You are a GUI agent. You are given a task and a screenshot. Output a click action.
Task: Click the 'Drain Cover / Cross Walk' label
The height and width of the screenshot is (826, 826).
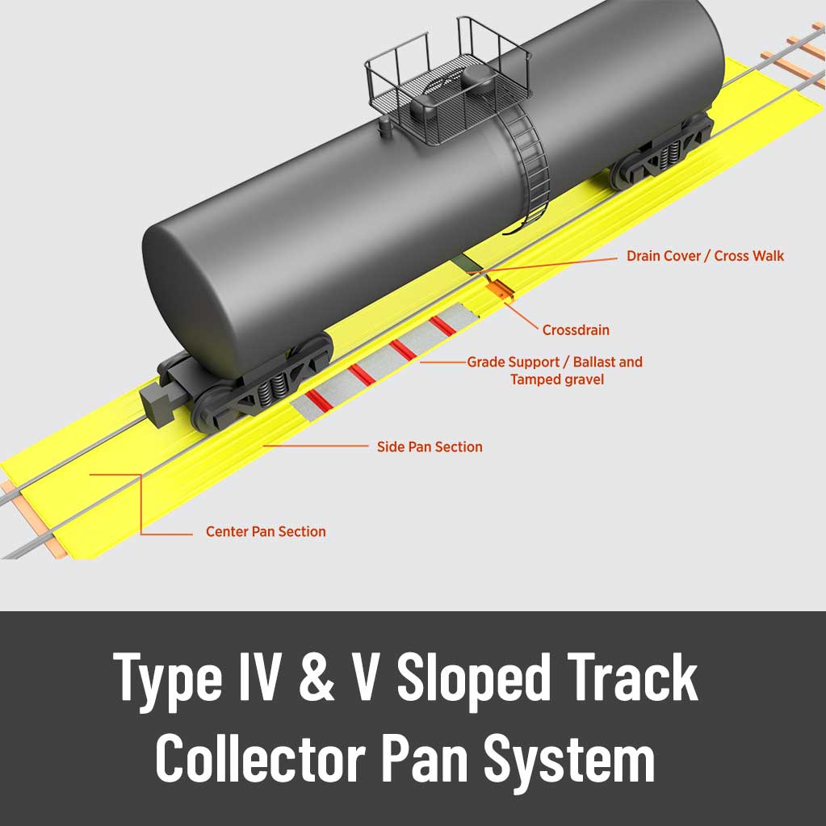tap(705, 256)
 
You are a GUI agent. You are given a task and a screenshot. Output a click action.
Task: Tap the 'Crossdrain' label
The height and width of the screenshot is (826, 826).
tap(576, 329)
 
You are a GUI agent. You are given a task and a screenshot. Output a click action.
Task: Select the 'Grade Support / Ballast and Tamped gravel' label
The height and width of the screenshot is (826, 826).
tap(556, 371)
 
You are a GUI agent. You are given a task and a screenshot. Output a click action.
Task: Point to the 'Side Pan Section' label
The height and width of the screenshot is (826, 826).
tap(430, 447)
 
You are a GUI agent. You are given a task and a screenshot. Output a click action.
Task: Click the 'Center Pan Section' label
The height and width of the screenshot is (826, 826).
tap(266, 531)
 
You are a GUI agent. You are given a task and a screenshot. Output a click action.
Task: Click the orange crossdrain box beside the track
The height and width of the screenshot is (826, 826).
tap(499, 289)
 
